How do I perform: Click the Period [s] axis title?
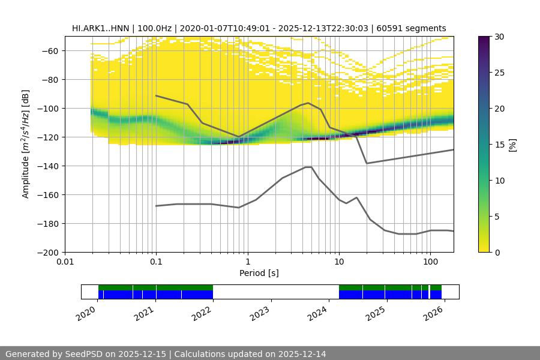[x=259, y=273]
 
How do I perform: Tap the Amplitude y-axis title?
[x=26, y=144]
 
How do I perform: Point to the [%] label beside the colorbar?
[x=512, y=145]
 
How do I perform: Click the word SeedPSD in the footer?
[x=85, y=354]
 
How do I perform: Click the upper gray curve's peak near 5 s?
[x=308, y=103]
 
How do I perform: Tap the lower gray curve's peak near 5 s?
[x=308, y=167]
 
